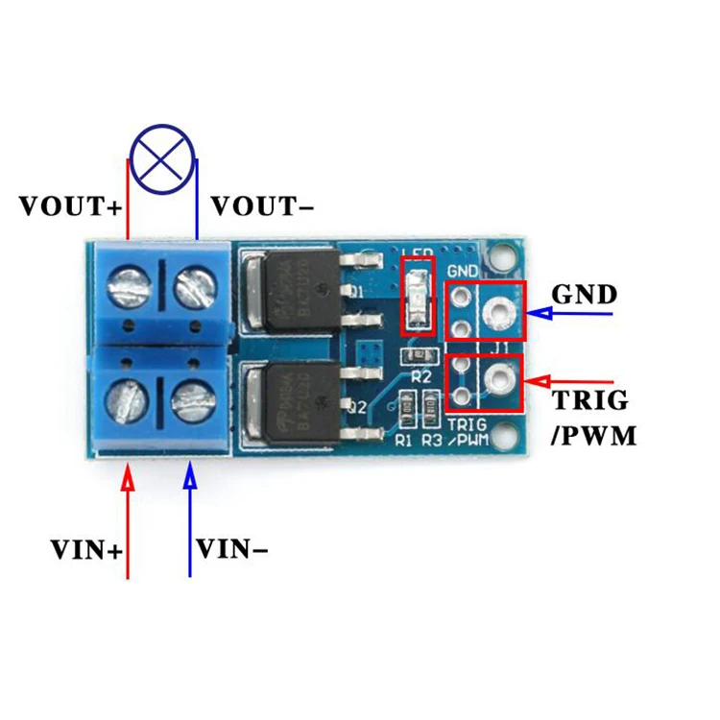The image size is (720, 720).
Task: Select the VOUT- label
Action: (x=260, y=206)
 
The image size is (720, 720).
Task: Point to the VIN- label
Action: (x=231, y=550)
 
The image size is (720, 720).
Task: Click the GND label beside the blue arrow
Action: (x=585, y=294)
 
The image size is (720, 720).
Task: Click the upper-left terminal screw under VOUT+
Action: (x=128, y=285)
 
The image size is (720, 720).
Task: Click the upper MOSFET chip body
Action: (x=296, y=287)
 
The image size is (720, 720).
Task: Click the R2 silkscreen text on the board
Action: (x=421, y=377)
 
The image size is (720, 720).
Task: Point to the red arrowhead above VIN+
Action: (x=128, y=476)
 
